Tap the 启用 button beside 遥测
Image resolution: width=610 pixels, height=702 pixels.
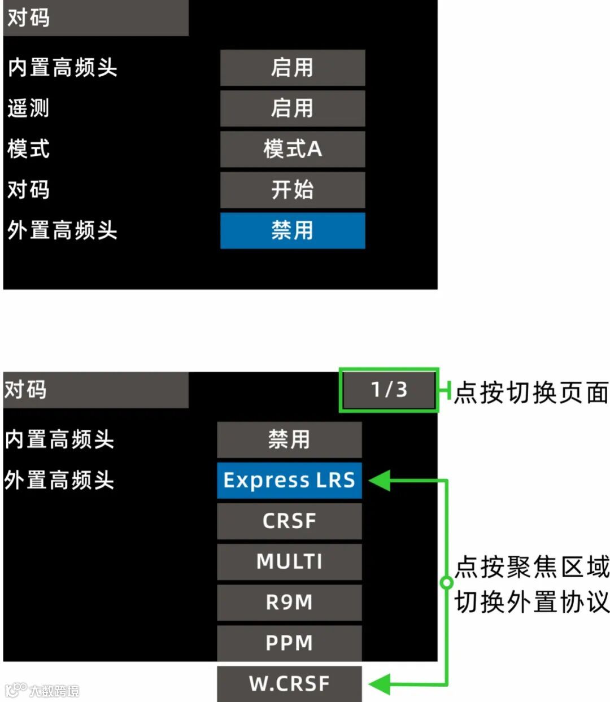click(292, 108)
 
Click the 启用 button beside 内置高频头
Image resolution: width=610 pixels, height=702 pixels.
click(292, 68)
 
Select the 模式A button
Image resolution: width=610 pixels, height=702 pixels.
click(292, 149)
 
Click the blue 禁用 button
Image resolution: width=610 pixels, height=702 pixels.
click(292, 230)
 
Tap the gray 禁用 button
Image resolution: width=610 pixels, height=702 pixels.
click(289, 439)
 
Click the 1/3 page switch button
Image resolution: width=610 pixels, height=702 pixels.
click(389, 390)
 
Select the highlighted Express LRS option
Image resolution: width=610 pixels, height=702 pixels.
click(289, 480)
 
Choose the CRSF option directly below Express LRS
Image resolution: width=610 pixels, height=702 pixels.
click(289, 521)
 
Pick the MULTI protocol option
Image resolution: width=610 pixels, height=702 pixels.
click(289, 561)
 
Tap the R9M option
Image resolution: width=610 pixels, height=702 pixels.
click(289, 602)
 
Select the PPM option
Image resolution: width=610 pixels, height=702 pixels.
click(289, 643)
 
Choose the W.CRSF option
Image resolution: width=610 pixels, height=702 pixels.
click(289, 683)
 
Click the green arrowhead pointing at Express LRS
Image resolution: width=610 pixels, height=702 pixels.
click(380, 481)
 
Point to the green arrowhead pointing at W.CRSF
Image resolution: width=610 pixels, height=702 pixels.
click(380, 684)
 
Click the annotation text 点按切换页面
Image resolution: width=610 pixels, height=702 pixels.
click(531, 393)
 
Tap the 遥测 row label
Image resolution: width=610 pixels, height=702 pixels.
click(28, 108)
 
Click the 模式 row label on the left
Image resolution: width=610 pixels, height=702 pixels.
click(28, 149)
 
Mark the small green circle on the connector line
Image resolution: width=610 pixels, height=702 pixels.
click(446, 582)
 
